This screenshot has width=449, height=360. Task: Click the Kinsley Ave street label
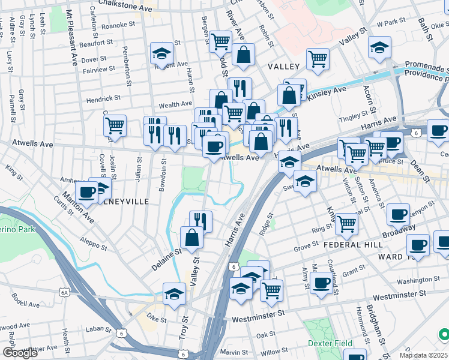(x=327, y=92)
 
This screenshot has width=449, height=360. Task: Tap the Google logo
(x=20, y=353)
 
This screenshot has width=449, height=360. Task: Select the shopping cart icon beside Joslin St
(x=115, y=126)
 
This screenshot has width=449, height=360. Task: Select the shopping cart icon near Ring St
(x=346, y=224)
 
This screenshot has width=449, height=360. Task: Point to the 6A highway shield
(x=64, y=292)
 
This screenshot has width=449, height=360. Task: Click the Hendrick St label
(x=103, y=97)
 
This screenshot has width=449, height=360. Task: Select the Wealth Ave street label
(x=175, y=104)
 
